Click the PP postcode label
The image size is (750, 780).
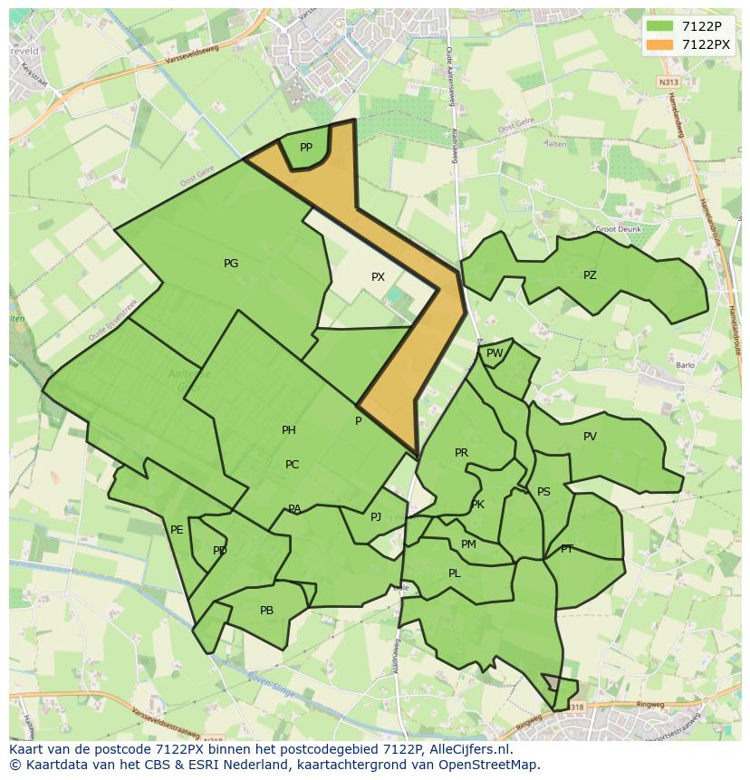[x=306, y=148]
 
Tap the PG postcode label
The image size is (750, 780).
[x=231, y=264]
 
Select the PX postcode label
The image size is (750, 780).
[x=378, y=277]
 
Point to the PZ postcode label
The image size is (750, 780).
[x=590, y=275]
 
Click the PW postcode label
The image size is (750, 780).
[x=495, y=354]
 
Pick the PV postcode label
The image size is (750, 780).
[x=590, y=437]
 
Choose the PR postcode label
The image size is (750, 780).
[x=461, y=453]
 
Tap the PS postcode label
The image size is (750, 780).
[x=543, y=492]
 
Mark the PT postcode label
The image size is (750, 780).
[x=567, y=549]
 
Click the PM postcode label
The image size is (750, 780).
[x=468, y=544]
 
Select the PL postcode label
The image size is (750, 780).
[x=455, y=573]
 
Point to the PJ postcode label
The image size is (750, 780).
[x=376, y=517]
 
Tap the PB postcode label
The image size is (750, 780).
[x=266, y=611]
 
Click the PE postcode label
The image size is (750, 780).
[x=177, y=530]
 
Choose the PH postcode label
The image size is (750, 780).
[x=289, y=430]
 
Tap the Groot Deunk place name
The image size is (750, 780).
[x=619, y=229]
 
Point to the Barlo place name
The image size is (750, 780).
[x=685, y=366]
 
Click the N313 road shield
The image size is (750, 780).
[x=669, y=82]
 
